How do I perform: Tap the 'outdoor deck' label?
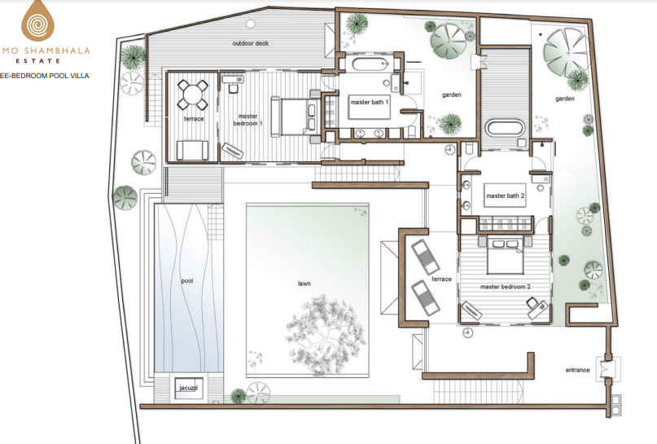[x=251, y=43]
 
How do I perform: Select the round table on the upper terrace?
[x=193, y=94]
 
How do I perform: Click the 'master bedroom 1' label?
[x=247, y=120]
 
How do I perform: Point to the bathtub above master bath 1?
[x=370, y=65]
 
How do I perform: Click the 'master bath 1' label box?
[x=370, y=107]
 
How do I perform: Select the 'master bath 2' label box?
[x=505, y=196]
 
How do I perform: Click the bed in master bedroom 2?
[x=505, y=255]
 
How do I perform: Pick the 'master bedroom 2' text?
[x=506, y=287]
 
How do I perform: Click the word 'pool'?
[x=187, y=281]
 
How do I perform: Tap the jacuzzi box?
[x=189, y=389]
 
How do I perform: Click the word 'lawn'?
[x=304, y=284]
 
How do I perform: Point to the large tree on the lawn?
[x=325, y=335]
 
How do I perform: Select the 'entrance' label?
[x=577, y=370]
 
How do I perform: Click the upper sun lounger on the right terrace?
[x=425, y=257]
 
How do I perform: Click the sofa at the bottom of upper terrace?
[x=192, y=150]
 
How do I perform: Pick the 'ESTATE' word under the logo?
[x=37, y=61]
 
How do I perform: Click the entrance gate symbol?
[x=608, y=369]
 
